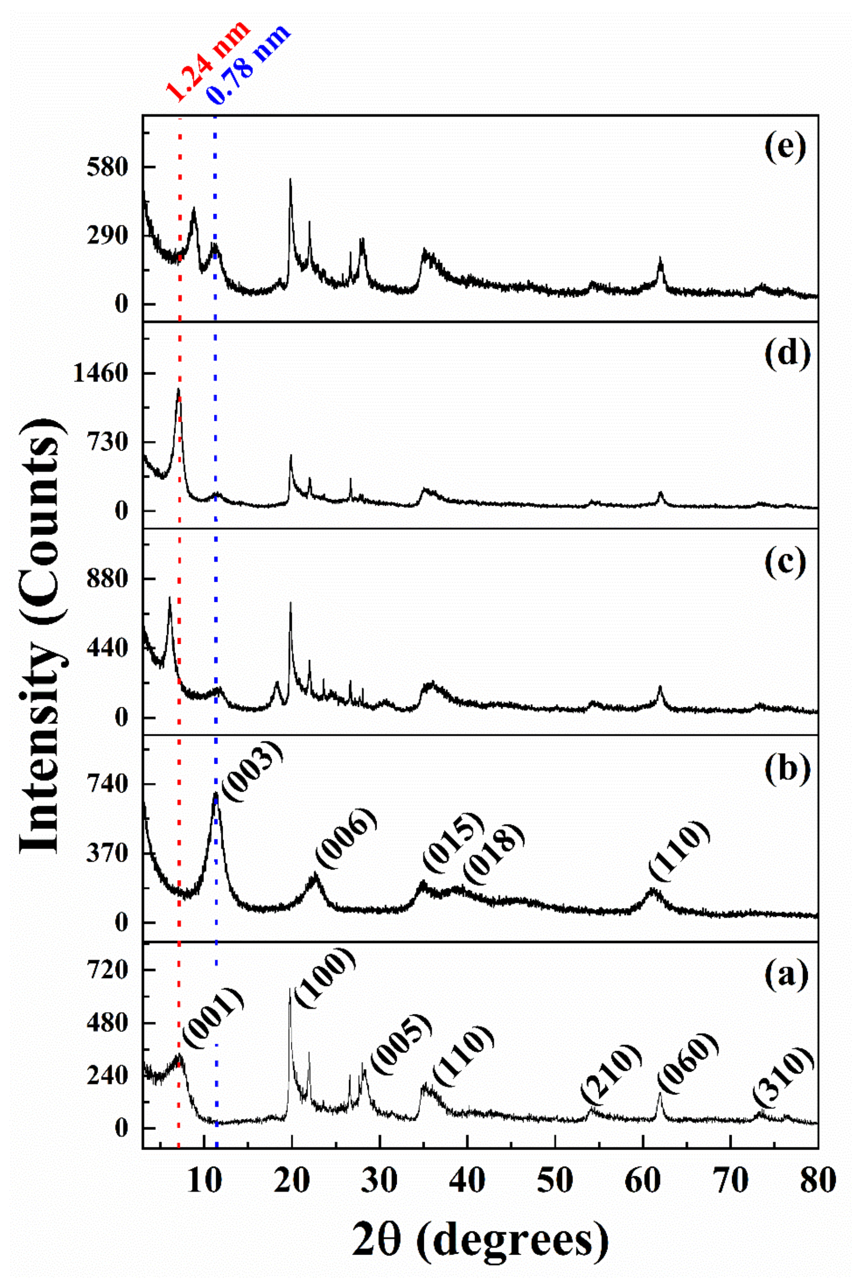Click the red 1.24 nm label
coord(208,61)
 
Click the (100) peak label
coord(325,980)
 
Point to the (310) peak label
coord(784,1074)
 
